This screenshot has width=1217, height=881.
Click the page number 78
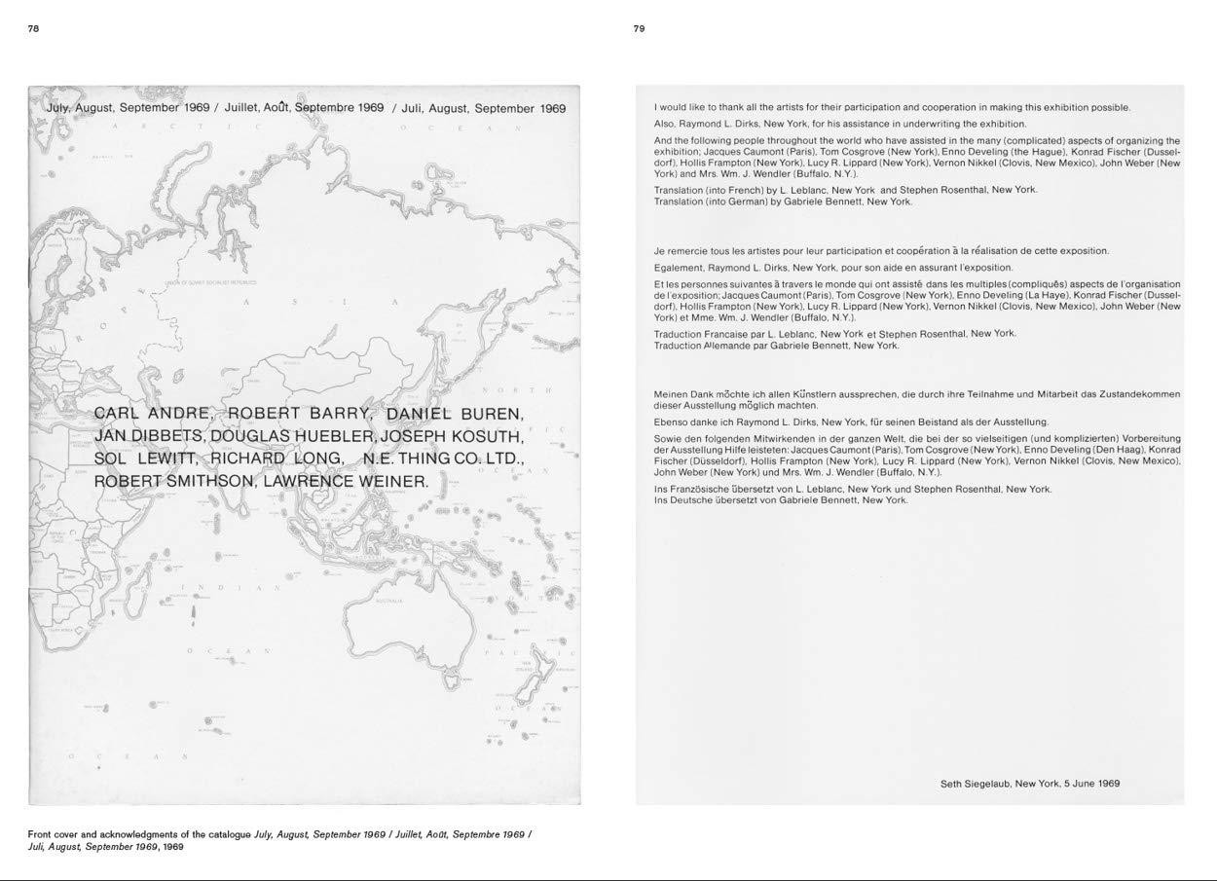33,29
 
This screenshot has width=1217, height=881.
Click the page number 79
639,29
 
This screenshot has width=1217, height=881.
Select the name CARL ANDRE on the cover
155,414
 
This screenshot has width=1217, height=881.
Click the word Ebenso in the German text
673,422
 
